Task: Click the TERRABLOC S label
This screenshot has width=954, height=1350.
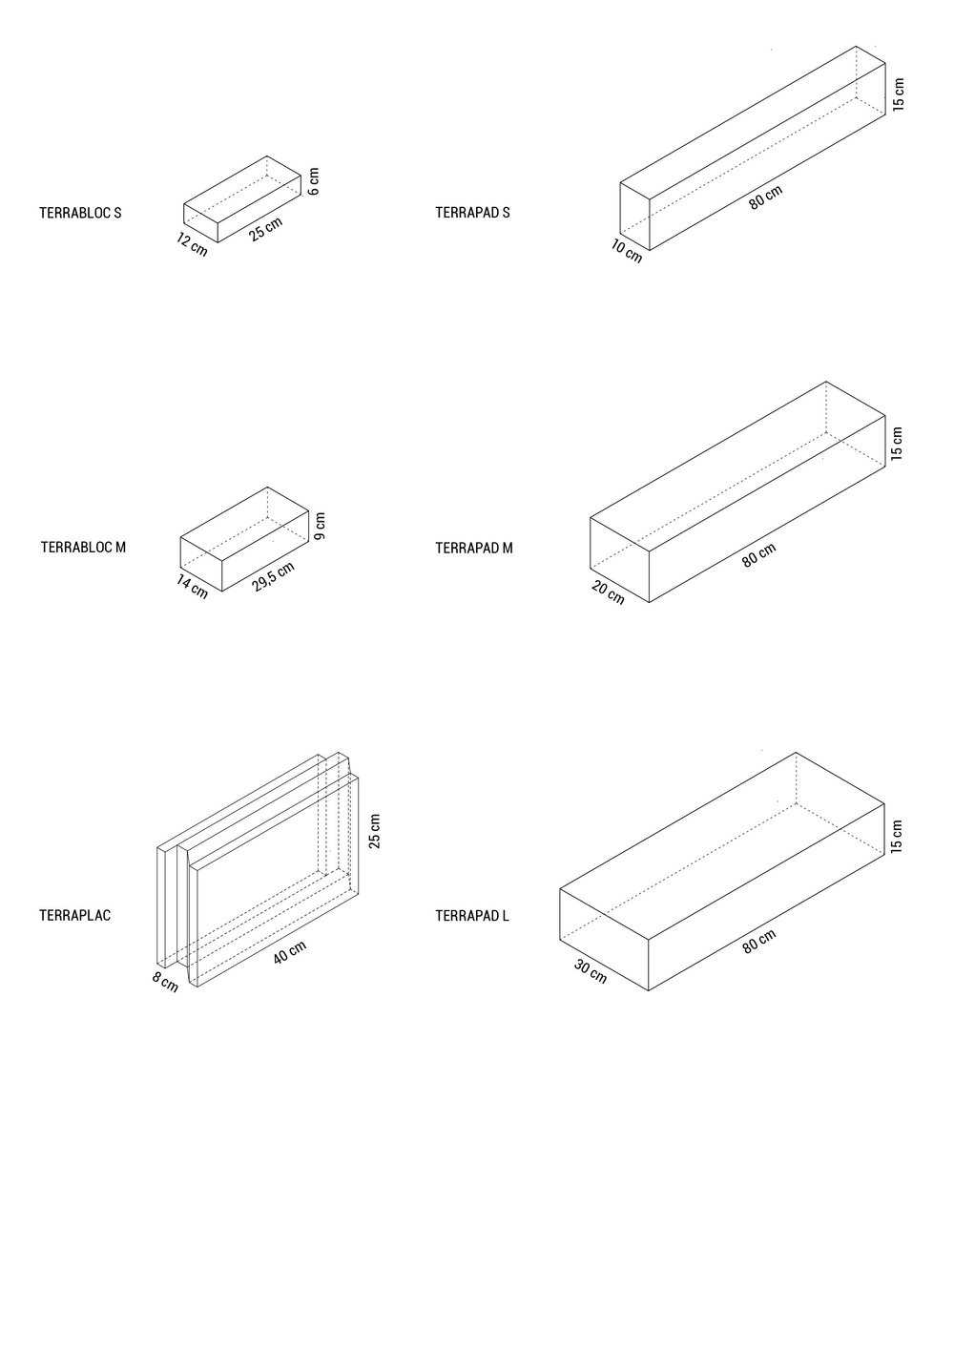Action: pyautogui.click(x=80, y=213)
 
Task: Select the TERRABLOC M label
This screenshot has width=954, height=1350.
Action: pyautogui.click(x=83, y=548)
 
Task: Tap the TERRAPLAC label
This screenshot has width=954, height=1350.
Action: pyautogui.click(x=75, y=916)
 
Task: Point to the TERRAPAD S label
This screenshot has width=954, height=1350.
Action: pyautogui.click(x=472, y=213)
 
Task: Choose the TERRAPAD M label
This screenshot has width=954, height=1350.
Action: pyautogui.click(x=473, y=548)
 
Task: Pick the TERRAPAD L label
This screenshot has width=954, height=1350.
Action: pyautogui.click(x=472, y=916)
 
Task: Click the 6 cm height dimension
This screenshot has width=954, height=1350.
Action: pyautogui.click(x=314, y=181)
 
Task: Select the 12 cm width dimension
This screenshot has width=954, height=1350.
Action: pyautogui.click(x=192, y=244)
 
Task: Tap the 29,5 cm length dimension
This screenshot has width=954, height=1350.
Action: pyautogui.click(x=274, y=577)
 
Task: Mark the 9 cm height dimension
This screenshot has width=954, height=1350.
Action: pyautogui.click(x=320, y=526)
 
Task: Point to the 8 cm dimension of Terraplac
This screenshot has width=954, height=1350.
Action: pyautogui.click(x=165, y=982)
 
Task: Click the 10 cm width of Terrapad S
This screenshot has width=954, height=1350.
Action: pyautogui.click(x=627, y=252)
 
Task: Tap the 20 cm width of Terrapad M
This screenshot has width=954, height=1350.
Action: pyautogui.click(x=608, y=592)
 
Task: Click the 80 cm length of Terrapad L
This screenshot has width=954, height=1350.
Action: pyautogui.click(x=759, y=942)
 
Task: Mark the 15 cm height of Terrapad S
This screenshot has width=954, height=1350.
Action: pyautogui.click(x=899, y=94)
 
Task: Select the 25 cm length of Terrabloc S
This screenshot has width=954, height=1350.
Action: pyautogui.click(x=266, y=230)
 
